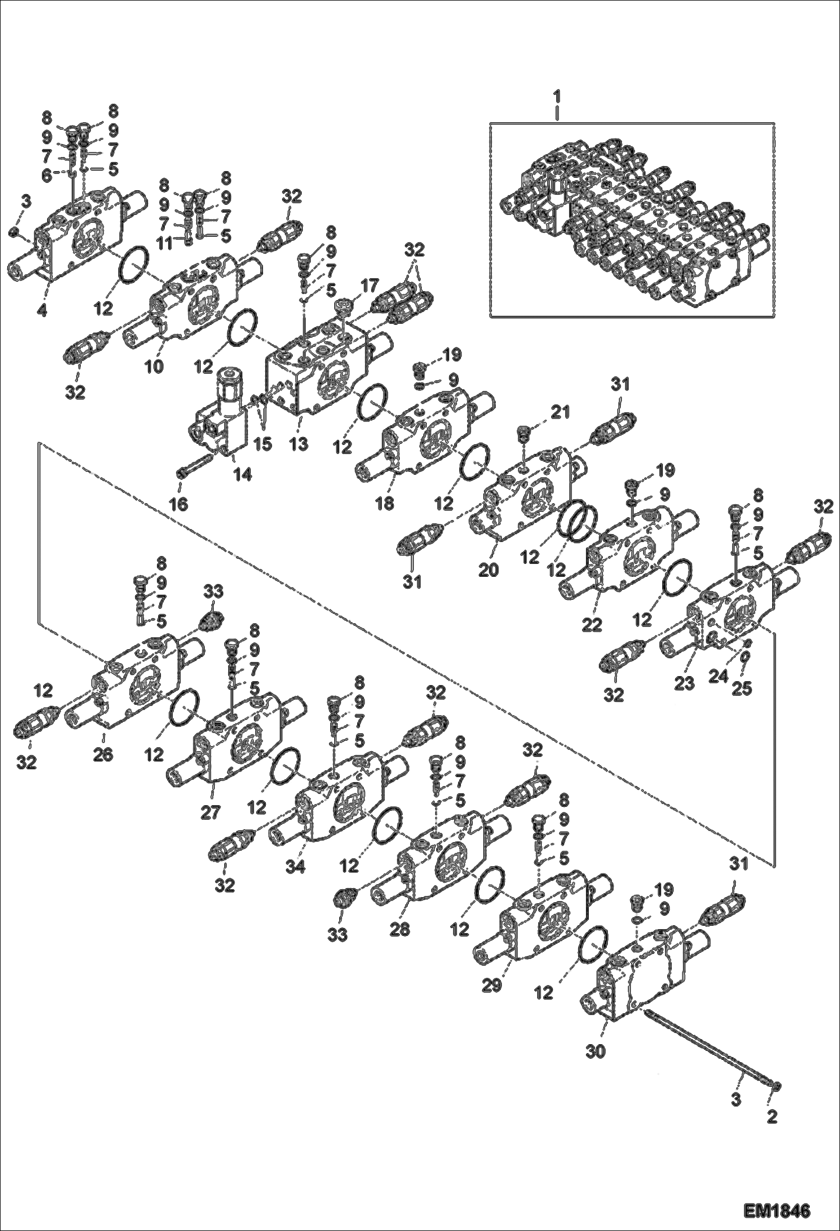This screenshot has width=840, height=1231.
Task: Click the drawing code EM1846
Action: point(777,1210)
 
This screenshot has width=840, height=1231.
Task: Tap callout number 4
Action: point(41,310)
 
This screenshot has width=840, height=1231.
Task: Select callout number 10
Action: point(154,368)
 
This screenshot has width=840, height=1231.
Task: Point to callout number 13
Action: point(299,444)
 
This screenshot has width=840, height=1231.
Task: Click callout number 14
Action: point(243,474)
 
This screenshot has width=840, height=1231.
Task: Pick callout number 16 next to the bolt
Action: point(178,504)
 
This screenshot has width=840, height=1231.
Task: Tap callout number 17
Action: point(370,286)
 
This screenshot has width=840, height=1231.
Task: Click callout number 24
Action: point(718,676)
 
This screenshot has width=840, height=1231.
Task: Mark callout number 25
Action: point(742,688)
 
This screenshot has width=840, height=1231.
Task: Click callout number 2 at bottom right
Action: point(772,1117)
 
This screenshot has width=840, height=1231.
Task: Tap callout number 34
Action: point(295,867)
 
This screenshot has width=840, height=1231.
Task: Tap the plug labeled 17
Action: point(343,308)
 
